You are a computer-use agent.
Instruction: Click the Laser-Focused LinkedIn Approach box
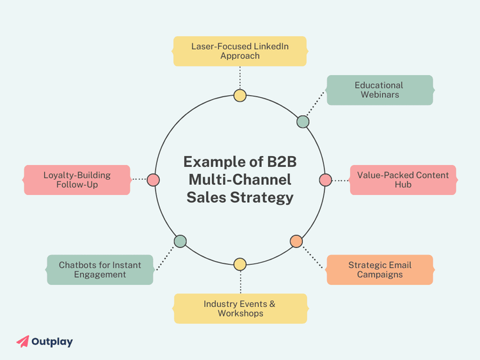pos(240,51)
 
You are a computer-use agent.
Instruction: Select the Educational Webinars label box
pos(380,90)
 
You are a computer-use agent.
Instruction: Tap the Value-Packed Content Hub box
pos(403,180)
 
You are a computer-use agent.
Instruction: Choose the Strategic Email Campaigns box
pos(380,270)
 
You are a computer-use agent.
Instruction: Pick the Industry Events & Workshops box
pos(240,308)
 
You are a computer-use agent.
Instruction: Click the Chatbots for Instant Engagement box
pos(100,270)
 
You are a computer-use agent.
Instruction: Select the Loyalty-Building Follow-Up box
pos(77,180)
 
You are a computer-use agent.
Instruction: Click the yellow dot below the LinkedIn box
pos(240,96)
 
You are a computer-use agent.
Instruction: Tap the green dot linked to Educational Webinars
pos(303,121)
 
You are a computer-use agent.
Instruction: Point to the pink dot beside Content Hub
pos(326,180)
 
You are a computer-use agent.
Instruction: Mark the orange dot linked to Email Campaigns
pos(296,241)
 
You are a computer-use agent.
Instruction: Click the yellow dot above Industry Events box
pos(240,264)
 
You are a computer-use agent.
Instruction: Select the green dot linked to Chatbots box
pos(180,241)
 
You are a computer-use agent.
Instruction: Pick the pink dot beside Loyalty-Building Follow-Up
pos(153,180)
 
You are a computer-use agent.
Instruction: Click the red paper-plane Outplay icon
pos(22,341)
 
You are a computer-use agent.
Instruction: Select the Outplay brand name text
pos(52,341)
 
